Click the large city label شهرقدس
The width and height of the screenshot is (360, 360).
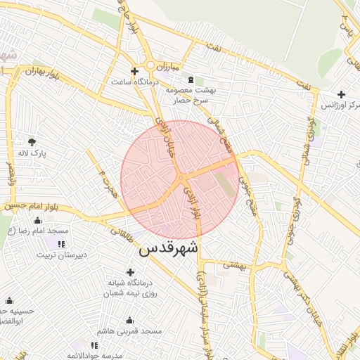tap(169, 249)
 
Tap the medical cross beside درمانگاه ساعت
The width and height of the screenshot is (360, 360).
tap(134, 72)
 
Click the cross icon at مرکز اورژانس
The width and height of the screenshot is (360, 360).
tap(341, 94)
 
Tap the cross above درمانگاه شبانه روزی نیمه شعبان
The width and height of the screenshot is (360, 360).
tap(130, 272)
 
